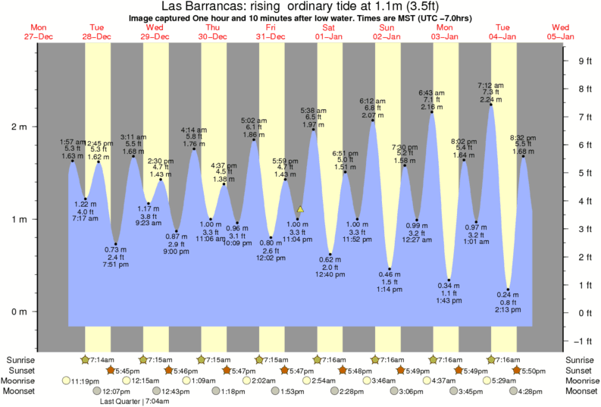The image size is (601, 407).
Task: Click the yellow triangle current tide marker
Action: click(300, 208)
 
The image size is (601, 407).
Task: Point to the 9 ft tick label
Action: click(584, 61)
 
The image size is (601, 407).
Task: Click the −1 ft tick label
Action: click(583, 340)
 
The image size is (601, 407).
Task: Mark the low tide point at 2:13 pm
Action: click(509, 290)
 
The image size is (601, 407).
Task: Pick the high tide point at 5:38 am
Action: click(314, 130)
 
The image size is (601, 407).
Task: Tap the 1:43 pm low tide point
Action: click(449, 280)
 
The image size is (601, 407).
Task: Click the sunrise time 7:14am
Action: click(102, 358)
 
